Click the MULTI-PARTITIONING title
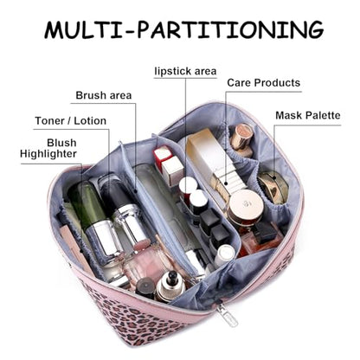click(183, 29)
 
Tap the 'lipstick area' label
click(185, 71)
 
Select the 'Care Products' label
click(264, 83)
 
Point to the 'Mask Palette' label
click(308, 115)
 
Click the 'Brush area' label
click(104, 95)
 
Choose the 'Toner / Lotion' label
click(71, 120)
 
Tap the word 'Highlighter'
click(48, 154)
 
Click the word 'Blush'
click(61, 143)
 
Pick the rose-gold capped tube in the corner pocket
click(241, 138)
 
